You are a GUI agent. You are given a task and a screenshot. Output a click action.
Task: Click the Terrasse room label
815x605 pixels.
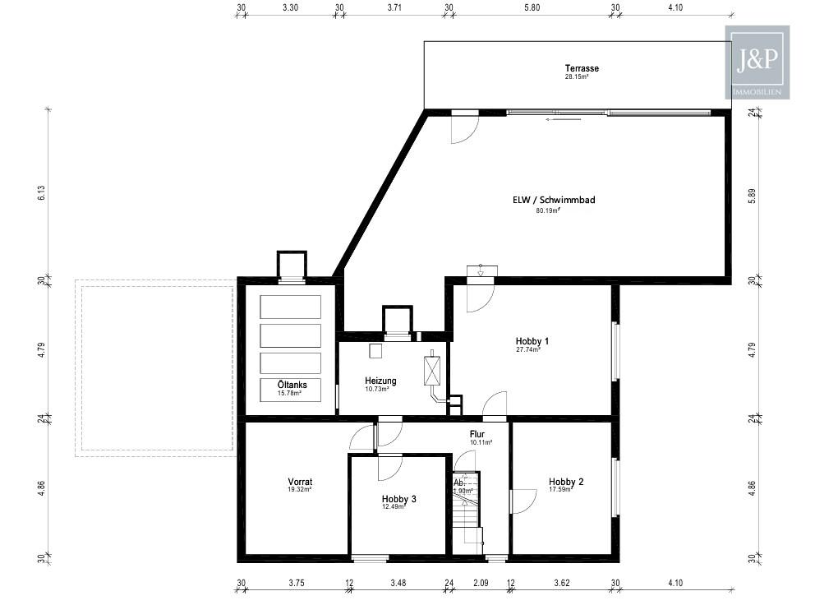tap(582, 68)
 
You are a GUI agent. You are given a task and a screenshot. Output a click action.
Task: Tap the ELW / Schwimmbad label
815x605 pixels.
tap(554, 200)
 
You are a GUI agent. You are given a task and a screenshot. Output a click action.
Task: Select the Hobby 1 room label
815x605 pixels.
tap(532, 341)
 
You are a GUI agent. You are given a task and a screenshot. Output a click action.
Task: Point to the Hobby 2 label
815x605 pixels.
tap(566, 482)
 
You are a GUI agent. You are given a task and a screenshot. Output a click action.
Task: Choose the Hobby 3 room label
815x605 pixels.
tap(398, 499)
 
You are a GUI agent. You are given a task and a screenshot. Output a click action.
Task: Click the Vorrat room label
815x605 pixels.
tap(300, 482)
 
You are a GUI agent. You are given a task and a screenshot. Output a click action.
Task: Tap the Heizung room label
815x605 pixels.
tap(380, 381)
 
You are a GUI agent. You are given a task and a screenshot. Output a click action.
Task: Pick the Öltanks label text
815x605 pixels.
tap(292, 385)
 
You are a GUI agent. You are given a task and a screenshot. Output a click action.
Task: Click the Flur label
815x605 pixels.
tap(477, 434)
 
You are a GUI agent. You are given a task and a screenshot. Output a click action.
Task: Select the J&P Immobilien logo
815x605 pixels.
tap(757, 62)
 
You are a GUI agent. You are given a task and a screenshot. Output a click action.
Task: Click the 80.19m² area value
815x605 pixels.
tap(548, 210)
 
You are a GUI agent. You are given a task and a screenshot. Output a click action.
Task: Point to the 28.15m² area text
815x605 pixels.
tap(577, 76)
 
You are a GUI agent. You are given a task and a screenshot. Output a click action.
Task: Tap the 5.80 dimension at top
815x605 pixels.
tap(532, 7)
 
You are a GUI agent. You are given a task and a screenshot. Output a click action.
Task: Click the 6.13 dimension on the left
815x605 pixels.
tap(42, 193)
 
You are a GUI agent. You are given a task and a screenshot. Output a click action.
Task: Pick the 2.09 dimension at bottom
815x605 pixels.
tap(481, 583)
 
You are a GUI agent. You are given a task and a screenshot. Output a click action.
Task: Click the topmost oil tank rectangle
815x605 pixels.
tap(291, 307)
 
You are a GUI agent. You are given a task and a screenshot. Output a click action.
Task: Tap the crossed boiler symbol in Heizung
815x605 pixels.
tap(432, 370)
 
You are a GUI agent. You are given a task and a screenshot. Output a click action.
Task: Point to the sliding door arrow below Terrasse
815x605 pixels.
tap(563, 119)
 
